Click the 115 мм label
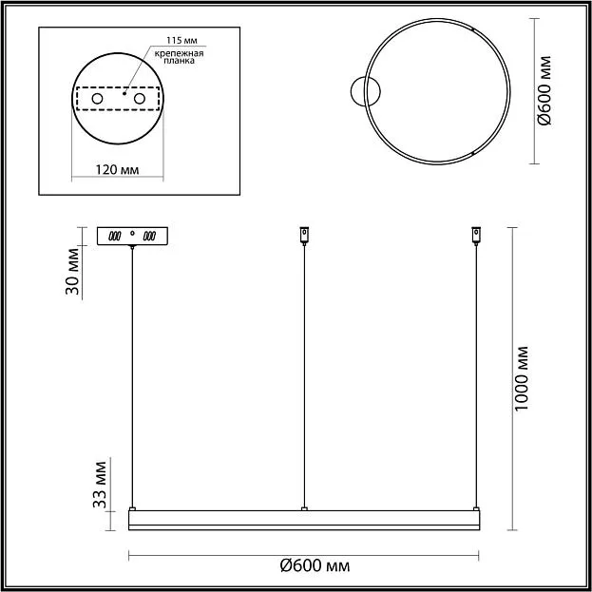point(181,41)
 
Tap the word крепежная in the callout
point(179,53)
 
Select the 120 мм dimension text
point(117,170)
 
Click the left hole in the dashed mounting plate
point(98,99)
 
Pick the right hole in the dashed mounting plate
point(140,99)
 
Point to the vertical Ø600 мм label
point(544,90)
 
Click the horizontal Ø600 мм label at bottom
point(315,566)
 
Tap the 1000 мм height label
point(522,379)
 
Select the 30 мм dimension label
point(72,271)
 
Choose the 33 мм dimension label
point(100,485)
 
